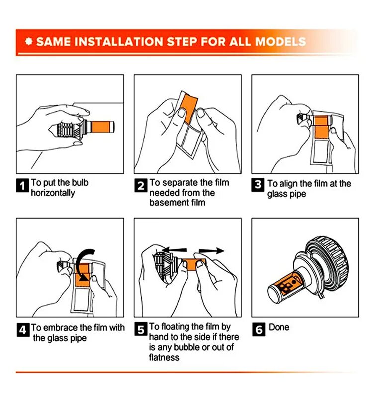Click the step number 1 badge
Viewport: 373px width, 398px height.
[22, 185]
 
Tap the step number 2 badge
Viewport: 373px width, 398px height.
[141, 185]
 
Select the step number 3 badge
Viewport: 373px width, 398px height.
[258, 185]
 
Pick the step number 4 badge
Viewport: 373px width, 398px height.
[23, 330]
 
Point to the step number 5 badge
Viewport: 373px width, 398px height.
[141, 329]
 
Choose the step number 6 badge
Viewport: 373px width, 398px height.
[259, 329]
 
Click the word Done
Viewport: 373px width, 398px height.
[279, 327]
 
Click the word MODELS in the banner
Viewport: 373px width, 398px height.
[280, 42]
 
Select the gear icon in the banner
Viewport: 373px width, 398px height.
[29, 42]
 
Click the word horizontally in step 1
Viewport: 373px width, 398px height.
[53, 193]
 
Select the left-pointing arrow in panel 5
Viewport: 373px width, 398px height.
[175, 250]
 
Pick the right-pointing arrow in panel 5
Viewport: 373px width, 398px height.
[211, 251]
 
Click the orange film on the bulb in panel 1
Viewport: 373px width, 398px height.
[101, 127]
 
